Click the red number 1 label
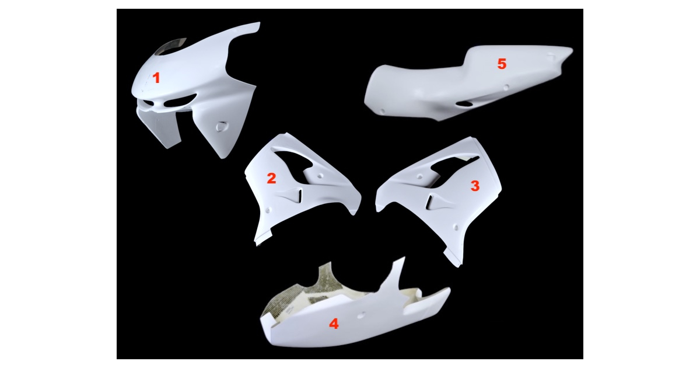156,78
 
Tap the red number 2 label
271,178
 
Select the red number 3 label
475,186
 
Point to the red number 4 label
334,324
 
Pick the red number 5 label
502,64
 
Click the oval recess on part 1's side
222,126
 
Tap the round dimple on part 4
360,316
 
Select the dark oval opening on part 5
465,104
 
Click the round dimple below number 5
506,87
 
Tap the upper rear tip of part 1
259,23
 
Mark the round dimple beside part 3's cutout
420,177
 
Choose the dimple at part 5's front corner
382,111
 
